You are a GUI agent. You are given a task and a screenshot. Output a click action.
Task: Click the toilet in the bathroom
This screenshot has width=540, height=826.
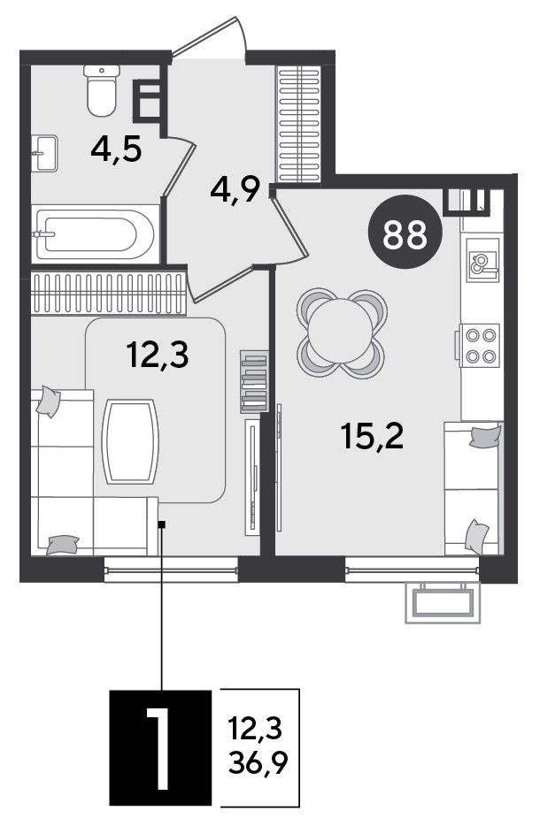click(101, 90)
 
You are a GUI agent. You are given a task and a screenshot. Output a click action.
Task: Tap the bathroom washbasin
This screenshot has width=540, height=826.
click(45, 153)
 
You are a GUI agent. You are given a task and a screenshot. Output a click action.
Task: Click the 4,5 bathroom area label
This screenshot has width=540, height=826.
click(116, 150)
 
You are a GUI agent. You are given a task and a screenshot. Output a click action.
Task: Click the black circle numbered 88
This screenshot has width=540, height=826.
click(405, 233)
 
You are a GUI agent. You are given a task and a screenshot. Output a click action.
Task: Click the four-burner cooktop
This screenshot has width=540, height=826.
click(479, 346)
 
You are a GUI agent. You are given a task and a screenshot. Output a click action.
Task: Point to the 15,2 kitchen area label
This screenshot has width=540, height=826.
click(373, 436)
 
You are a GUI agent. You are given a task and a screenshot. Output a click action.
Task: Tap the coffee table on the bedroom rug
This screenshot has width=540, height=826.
click(131, 441)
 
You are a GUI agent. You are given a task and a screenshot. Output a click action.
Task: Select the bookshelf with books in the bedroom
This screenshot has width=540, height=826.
click(254, 381)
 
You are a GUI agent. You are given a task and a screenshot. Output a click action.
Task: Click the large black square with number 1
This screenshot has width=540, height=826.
click(160, 747)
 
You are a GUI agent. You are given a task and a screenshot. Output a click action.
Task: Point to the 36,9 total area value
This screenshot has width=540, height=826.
click(258, 763)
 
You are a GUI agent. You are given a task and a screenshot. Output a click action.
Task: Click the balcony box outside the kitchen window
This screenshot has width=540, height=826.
click(443, 602)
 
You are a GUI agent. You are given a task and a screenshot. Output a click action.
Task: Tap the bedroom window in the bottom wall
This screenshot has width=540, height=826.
click(172, 569)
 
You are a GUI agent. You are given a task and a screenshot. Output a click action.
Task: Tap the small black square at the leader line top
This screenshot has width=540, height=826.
click(162, 524)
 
